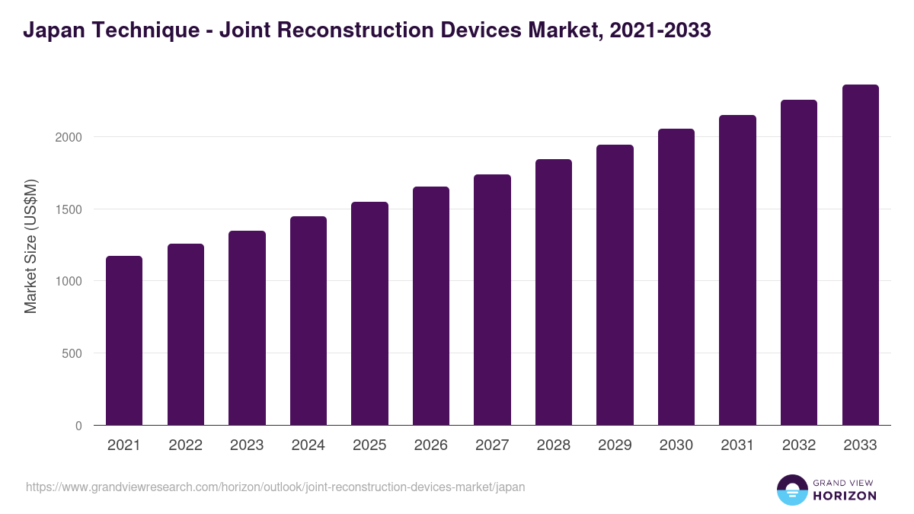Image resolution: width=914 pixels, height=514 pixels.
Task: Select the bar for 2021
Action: pos(124,340)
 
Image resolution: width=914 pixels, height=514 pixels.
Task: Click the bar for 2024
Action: pos(308,321)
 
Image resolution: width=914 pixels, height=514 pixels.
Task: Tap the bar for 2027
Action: pos(492,300)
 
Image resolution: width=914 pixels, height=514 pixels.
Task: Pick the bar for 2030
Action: pos(676,277)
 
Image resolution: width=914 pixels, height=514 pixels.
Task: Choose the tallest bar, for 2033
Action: pos(861,255)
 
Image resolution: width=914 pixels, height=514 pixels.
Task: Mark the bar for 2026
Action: pos(431,306)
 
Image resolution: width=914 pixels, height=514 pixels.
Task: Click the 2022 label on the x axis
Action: pos(185,445)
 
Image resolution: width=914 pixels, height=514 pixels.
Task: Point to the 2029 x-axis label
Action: pos(615,445)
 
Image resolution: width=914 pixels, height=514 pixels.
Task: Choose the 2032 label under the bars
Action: pos(799,445)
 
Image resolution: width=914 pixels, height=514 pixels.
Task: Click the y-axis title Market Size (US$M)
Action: pos(30,245)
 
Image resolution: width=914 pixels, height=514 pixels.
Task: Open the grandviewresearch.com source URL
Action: pos(275,487)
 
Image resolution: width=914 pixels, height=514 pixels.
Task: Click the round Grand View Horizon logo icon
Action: pos(791,490)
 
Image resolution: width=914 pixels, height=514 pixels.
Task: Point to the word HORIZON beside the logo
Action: pos(844,496)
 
